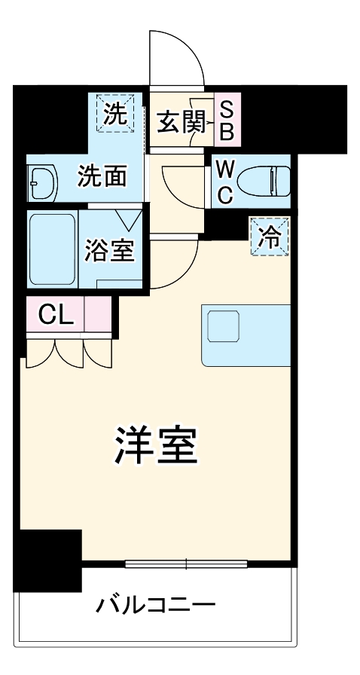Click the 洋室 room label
pos(156,447)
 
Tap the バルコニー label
pos(156,604)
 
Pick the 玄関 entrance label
pos(181,121)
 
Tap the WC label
pos(224,180)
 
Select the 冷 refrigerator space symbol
pos(270,236)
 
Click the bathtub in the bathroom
pos(52,249)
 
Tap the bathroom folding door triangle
pos(130,219)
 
